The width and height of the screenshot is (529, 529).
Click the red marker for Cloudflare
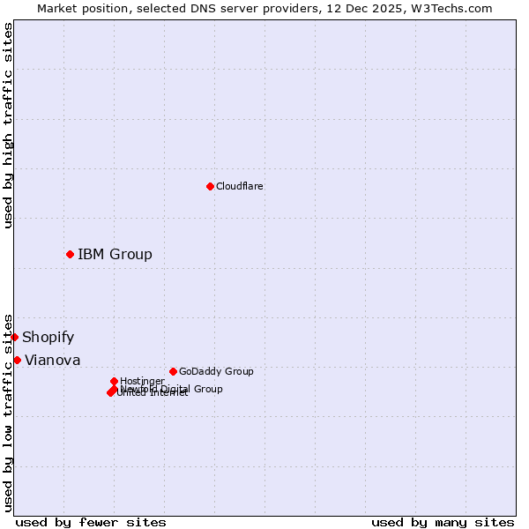tap(210, 186)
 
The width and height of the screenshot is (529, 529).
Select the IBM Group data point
tap(70, 254)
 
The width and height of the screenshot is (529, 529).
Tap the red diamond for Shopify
tap(14, 337)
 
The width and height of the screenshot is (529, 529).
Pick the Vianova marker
tap(17, 360)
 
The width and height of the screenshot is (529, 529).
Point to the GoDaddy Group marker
tap(173, 371)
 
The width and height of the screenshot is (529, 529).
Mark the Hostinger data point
tap(114, 381)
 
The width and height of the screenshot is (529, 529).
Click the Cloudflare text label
tap(239, 186)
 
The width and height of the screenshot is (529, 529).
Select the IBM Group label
tap(115, 255)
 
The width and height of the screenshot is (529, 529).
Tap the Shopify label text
tap(48, 338)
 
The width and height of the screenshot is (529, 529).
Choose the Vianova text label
tap(52, 361)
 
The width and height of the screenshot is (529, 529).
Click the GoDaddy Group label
tap(216, 371)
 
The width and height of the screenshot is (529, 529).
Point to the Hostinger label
tap(142, 381)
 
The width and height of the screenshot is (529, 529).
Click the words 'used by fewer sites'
tap(91, 522)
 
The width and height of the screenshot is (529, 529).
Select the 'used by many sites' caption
tap(443, 522)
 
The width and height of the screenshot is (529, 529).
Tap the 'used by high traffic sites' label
tap(9, 125)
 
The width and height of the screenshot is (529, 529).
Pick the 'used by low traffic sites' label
tap(9, 412)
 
